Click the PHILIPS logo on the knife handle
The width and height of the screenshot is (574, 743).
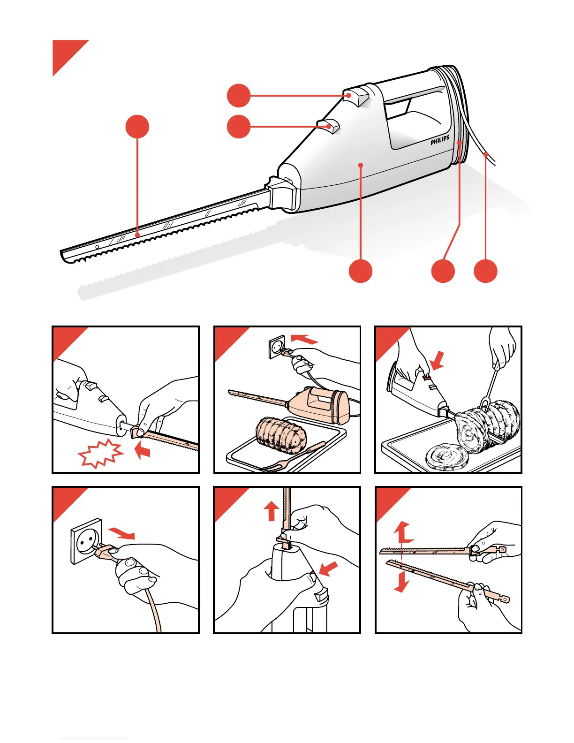440,140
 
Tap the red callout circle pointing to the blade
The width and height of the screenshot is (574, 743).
137,127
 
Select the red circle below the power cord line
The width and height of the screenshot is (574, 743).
485,271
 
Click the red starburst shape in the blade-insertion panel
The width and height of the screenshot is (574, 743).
101,454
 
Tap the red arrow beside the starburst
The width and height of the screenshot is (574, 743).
143,451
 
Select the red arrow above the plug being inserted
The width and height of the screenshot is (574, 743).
304,338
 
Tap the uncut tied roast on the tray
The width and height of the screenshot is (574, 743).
281,435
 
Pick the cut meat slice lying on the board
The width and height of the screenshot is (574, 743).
446,457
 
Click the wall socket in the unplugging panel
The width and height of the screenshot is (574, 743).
86,541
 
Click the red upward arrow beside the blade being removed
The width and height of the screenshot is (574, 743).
272,511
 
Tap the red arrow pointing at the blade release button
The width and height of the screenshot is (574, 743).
328,569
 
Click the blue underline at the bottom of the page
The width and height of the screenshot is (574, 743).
93,739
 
